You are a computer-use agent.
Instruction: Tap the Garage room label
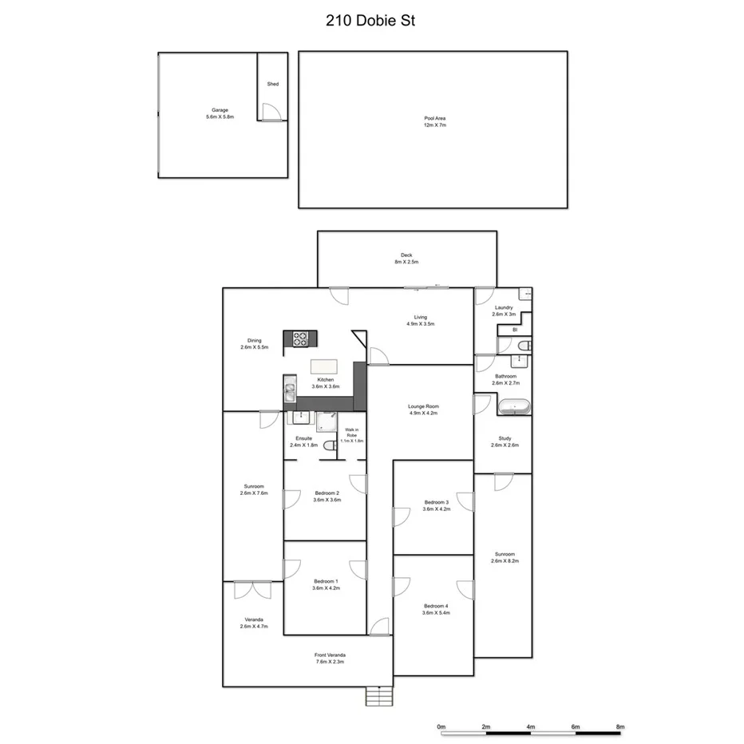(x=220, y=113)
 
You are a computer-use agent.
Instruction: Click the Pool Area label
(x=434, y=121)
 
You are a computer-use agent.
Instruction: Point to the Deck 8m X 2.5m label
(x=406, y=259)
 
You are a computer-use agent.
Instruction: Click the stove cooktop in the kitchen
(x=300, y=339)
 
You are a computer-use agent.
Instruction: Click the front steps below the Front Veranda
(x=379, y=696)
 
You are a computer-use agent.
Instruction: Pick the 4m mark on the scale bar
(x=531, y=727)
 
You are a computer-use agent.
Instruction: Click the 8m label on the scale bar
(x=620, y=727)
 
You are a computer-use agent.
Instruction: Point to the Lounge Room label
(x=424, y=410)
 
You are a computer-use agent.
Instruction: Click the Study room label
(x=505, y=441)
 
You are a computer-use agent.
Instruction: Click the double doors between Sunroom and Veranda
(x=252, y=590)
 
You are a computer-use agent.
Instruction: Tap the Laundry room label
(x=504, y=311)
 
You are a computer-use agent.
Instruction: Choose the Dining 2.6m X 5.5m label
(x=254, y=344)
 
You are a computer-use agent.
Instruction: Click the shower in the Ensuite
(x=327, y=422)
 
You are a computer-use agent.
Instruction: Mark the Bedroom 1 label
(x=326, y=584)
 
